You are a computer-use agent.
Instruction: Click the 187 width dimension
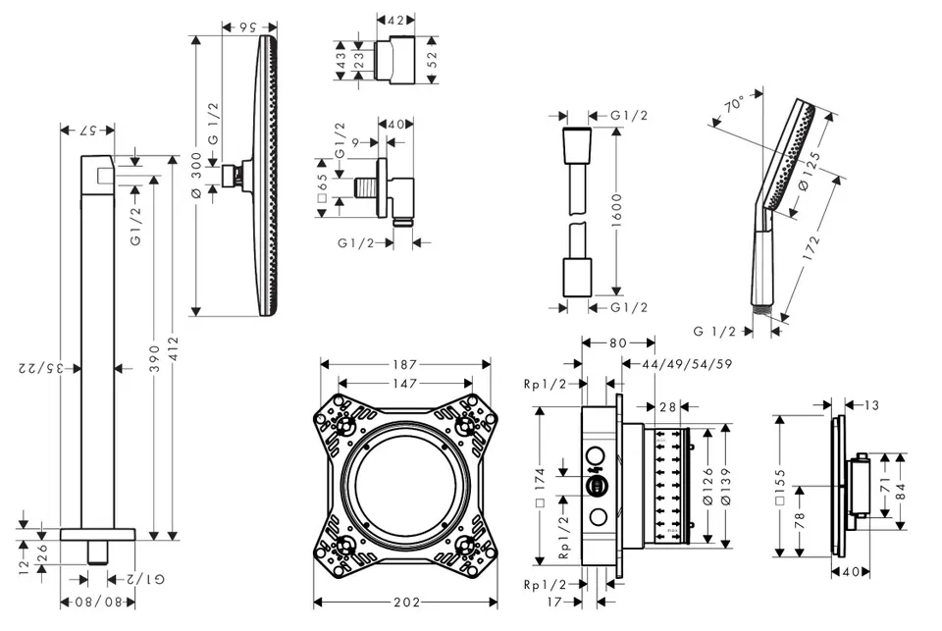pos(405,364)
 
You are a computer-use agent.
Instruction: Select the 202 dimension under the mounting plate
pos(406,602)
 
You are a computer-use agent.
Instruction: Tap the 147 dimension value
pos(405,383)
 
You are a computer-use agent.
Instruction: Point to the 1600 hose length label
pos(616,211)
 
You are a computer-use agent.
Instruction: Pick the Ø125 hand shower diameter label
pos(807,171)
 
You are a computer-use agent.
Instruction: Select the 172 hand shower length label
pos(811,247)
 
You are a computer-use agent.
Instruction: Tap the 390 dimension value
pos(155,358)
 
